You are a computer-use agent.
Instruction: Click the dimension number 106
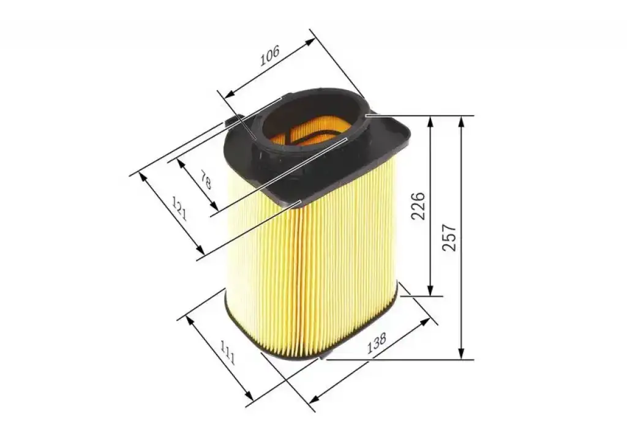coord(269,56)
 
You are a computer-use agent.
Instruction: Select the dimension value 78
coord(206,180)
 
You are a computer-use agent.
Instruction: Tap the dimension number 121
coord(179,208)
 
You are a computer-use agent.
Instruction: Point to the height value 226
coord(418,206)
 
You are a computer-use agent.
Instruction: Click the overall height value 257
coord(449,238)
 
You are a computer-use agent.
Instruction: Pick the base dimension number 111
coord(227,353)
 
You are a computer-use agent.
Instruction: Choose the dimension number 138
coord(377,343)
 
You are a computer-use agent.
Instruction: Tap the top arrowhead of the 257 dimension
coord(462,122)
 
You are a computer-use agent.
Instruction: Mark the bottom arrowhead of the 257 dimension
coord(462,353)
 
